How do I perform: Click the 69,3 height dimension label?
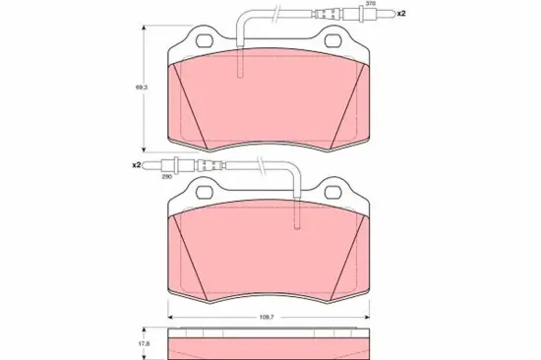click(x=142, y=88)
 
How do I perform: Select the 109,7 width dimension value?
click(x=267, y=317)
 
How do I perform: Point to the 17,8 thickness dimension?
click(x=141, y=344)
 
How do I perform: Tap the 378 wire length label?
click(x=362, y=3)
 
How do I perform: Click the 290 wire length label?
click(x=167, y=177)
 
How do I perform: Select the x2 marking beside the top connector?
click(x=401, y=14)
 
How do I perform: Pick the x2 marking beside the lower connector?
click(x=137, y=165)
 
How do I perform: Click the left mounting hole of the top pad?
click(x=205, y=40)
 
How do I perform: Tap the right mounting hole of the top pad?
click(x=333, y=40)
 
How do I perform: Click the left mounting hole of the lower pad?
click(x=205, y=192)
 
